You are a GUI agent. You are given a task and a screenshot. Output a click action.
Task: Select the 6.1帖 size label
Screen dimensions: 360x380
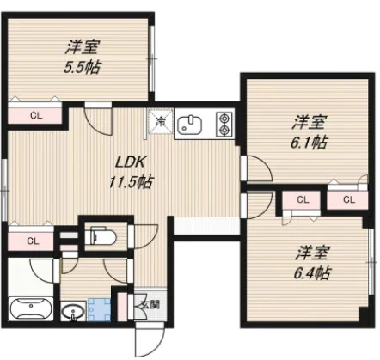click(307, 142)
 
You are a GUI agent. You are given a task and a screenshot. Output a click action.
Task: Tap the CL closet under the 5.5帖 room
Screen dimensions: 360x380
click(35, 114)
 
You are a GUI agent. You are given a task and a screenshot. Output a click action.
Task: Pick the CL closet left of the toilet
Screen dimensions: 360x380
click(31, 241)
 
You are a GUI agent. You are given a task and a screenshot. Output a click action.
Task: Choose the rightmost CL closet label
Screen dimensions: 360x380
click(348, 200)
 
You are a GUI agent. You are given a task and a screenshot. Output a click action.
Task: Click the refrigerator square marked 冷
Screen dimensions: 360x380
click(161, 124)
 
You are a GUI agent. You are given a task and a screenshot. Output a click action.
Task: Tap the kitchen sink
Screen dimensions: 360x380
click(191, 125)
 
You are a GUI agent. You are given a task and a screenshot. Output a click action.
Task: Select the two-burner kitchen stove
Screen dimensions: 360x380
click(224, 125)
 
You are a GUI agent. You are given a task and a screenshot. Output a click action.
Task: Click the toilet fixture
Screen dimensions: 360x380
click(100, 234)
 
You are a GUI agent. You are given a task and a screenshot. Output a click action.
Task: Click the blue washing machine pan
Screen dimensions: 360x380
click(100, 308)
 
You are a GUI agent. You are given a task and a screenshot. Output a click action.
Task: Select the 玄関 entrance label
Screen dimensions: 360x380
click(149, 304)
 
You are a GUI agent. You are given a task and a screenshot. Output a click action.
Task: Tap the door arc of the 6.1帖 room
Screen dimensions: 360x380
click(257, 169)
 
